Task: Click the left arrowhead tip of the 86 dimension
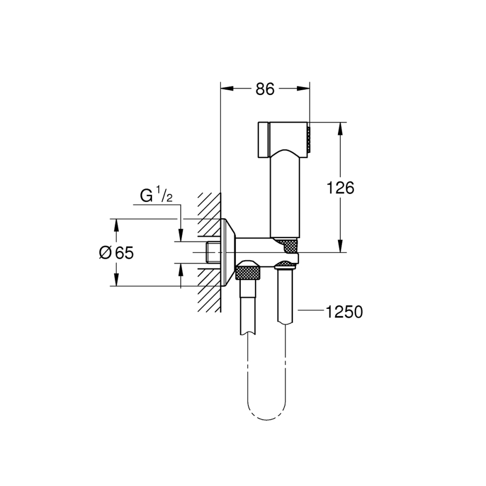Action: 221,89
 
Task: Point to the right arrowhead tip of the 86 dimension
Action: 309,89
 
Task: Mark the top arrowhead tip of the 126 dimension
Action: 340,123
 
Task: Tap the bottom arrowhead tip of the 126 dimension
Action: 340,252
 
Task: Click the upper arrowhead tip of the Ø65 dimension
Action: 116,219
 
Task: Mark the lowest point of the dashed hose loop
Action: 267,420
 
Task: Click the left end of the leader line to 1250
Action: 298,309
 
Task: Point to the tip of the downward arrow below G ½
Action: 181,241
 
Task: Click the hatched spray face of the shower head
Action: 308,139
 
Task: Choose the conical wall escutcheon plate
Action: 228,252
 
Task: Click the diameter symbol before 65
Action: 105,253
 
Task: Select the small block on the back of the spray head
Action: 264,139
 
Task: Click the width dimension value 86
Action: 265,89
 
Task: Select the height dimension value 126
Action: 340,188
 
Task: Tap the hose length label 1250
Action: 344,312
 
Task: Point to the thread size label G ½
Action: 157,195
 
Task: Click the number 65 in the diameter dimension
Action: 125,253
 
